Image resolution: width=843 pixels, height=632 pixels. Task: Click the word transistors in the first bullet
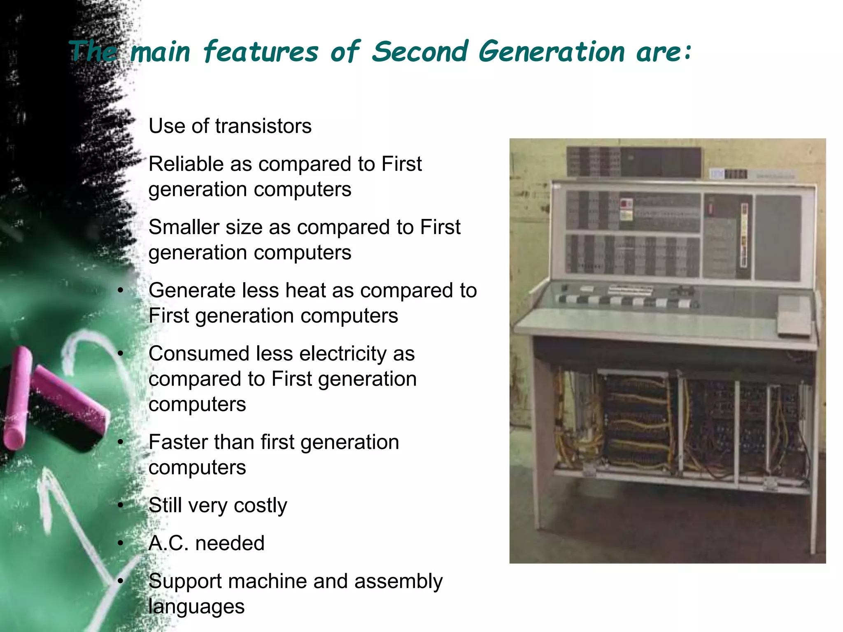click(263, 126)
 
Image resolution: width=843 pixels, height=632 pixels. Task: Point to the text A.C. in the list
click(168, 543)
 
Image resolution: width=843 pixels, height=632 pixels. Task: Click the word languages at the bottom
click(196, 606)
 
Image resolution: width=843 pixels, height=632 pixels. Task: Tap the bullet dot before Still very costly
click(120, 505)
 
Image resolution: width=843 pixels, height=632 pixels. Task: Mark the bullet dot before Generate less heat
click(120, 290)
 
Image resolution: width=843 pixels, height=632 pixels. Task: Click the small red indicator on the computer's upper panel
click(626, 204)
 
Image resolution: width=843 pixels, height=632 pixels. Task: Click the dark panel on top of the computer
click(634, 162)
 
